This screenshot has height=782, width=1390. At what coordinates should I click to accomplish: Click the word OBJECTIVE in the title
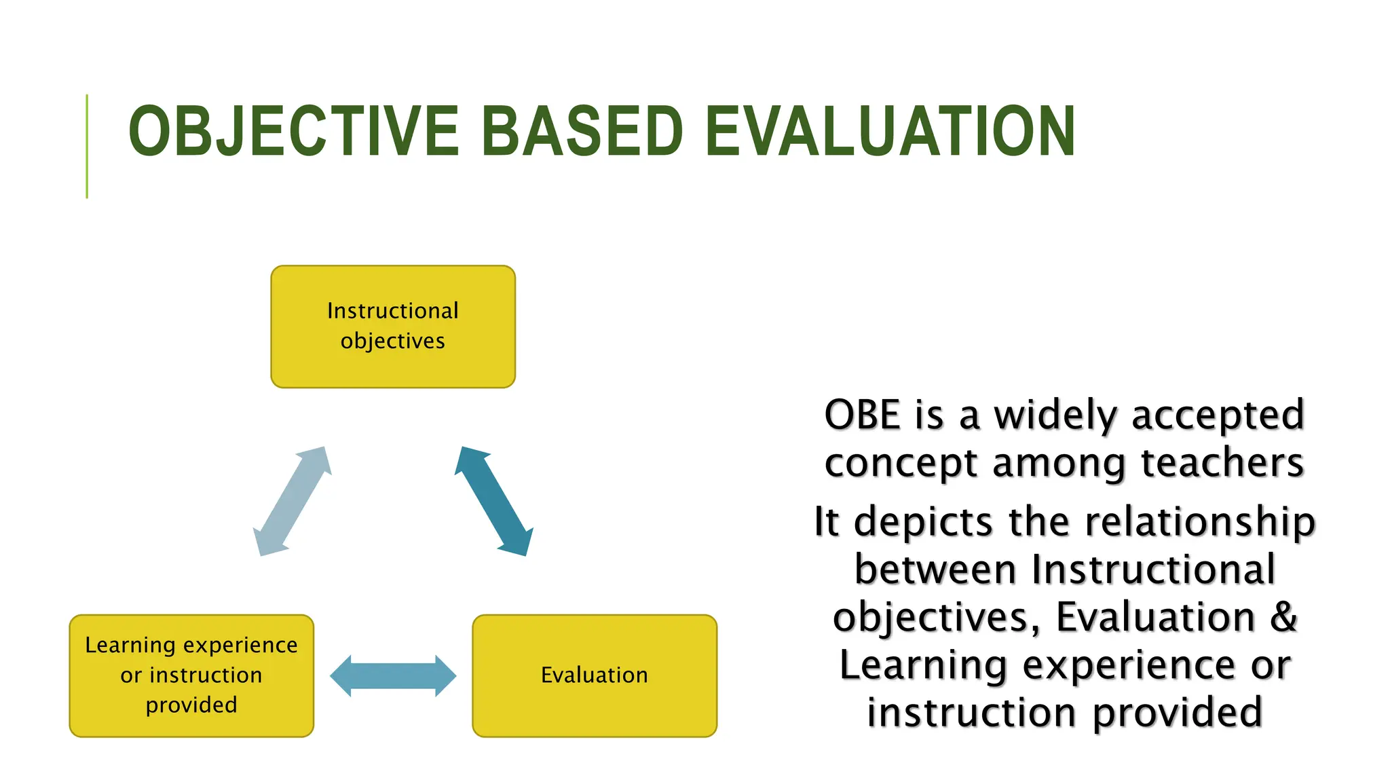pos(293,132)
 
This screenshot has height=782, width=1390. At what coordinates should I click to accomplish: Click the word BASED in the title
pos(582,132)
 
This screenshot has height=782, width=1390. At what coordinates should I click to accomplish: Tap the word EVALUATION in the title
pos(890,132)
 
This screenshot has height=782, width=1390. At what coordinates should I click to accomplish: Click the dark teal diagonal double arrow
pos(493,501)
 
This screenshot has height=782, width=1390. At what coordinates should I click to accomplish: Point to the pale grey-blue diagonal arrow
pos(293,501)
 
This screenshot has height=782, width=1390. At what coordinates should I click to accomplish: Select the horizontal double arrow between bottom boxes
pos(393,676)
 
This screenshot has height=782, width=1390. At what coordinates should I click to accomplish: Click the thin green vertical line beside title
pos(87,146)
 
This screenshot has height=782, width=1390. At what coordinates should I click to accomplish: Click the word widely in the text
pos(1055,415)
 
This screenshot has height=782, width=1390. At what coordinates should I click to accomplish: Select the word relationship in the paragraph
pos(1200,522)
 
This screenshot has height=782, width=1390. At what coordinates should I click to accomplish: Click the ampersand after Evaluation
pos(1283,617)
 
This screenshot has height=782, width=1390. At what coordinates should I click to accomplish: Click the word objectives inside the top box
pos(393,341)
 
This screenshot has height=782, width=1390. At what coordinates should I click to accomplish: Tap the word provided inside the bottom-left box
pos(191,705)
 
